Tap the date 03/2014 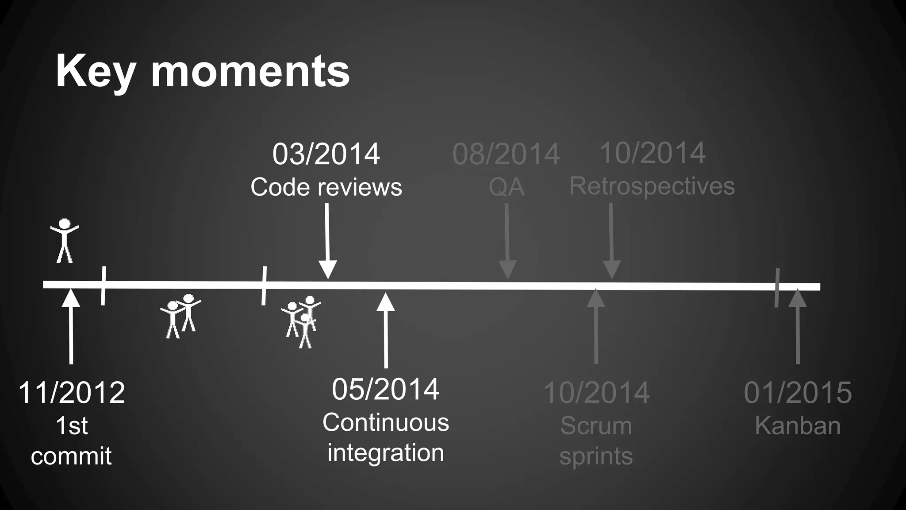tap(326, 154)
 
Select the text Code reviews tap(326, 187)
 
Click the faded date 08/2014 tap(506, 154)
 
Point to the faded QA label tap(506, 187)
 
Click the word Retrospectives tap(652, 186)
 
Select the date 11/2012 tap(71, 392)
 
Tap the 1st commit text tap(71, 440)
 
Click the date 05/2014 tap(385, 389)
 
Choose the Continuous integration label tap(385, 437)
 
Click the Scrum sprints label tap(596, 440)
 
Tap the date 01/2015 tap(798, 392)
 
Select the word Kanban tap(798, 426)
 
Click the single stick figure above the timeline tap(65, 240)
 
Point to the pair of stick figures tap(180, 316)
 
